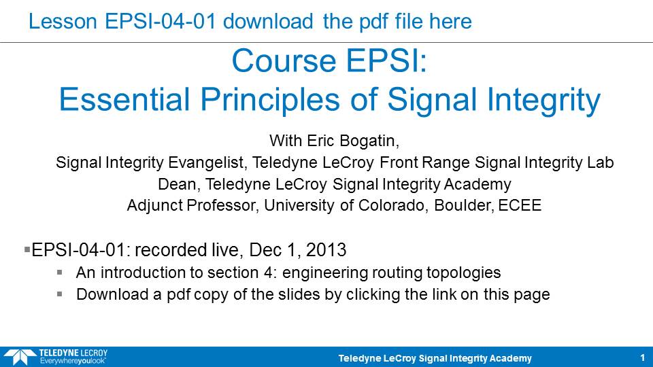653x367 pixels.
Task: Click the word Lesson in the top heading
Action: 63,21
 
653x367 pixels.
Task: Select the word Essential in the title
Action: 124,100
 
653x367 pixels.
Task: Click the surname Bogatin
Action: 369,141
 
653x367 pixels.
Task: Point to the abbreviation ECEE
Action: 520,205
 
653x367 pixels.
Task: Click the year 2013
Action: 326,250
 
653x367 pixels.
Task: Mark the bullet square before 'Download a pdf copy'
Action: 60,294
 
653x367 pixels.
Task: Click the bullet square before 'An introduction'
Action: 60,273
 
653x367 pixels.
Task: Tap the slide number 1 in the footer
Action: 643,358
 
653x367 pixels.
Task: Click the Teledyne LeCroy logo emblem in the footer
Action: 20,357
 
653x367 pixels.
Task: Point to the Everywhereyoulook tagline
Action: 73,361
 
